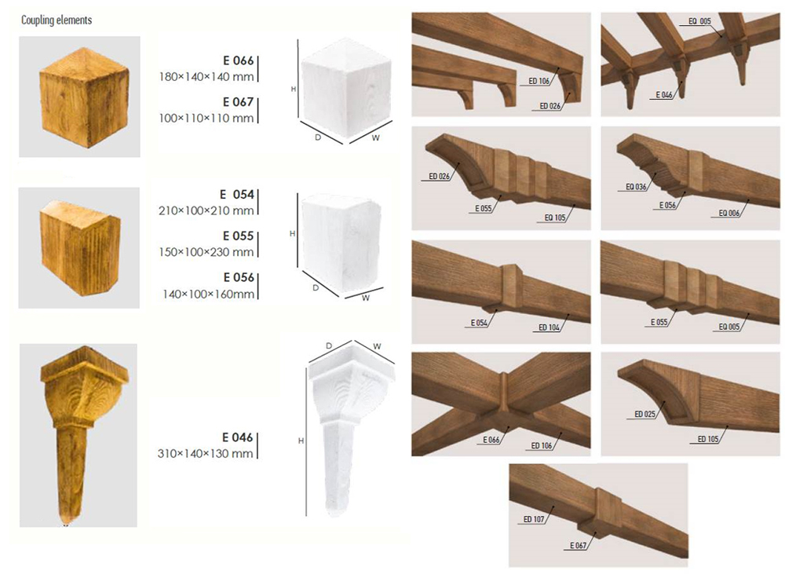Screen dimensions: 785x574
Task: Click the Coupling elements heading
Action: coord(57,20)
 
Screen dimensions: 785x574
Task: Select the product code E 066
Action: coord(239,60)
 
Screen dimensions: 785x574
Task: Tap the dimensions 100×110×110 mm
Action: coord(206,119)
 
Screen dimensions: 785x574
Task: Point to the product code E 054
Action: coord(237,194)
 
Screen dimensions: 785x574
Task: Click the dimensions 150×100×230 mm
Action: coord(206,252)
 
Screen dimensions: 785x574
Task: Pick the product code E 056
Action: coord(239,277)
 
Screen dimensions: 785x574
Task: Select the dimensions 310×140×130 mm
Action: coord(205,454)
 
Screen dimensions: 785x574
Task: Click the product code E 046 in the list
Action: coord(238,437)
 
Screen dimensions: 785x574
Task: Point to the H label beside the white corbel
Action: coord(301,441)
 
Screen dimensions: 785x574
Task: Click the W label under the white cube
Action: coord(375,137)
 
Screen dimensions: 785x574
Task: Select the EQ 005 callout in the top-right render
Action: coord(699,21)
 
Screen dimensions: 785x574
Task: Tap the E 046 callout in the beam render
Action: coord(664,95)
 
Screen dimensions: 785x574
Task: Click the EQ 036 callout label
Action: coord(636,187)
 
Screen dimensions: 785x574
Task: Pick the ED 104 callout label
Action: coord(549,327)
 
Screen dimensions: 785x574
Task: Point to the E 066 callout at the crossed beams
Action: coord(491,440)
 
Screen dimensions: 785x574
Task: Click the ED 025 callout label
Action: coord(644,415)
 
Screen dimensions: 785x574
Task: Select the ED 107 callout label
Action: coord(534,519)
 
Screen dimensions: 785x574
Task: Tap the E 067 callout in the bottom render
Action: coord(579,546)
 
